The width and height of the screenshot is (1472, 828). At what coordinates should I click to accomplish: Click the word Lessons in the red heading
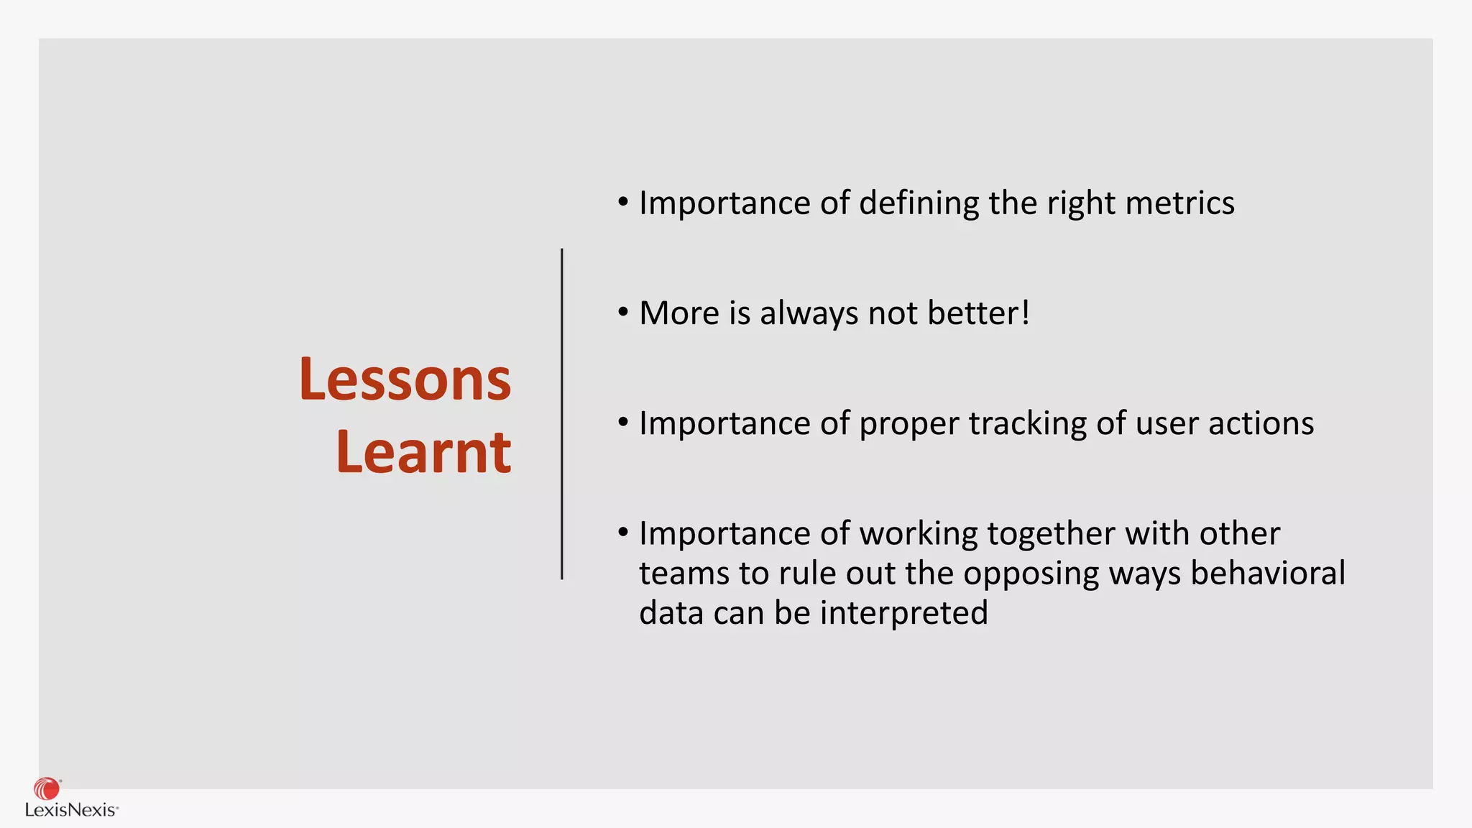[x=405, y=379]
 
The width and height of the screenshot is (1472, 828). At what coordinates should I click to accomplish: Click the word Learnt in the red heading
[x=423, y=452]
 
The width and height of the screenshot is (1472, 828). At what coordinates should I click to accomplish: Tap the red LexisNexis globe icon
[x=47, y=788]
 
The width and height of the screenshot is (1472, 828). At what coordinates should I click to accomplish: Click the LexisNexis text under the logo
[x=70, y=810]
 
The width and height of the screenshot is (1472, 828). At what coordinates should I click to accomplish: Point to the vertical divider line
[x=561, y=414]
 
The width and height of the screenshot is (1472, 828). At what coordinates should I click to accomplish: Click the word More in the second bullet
[x=678, y=313]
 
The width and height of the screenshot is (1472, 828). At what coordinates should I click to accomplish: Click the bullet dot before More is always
[x=623, y=312]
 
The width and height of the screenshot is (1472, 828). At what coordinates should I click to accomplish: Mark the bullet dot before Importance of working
[x=623, y=533]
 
